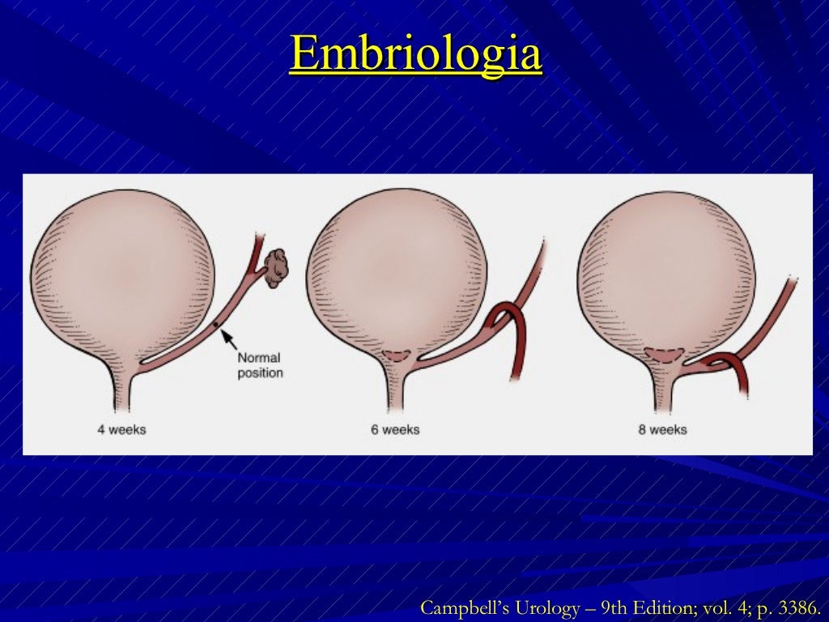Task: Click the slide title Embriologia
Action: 415,55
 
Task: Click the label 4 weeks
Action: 121,429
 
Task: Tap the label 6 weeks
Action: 395,429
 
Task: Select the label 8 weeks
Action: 662,429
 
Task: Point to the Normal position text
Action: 260,365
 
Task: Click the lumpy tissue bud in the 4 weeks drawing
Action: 277,266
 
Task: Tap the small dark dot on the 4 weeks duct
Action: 216,326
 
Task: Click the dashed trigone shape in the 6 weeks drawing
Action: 397,355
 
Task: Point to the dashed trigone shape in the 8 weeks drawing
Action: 667,355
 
